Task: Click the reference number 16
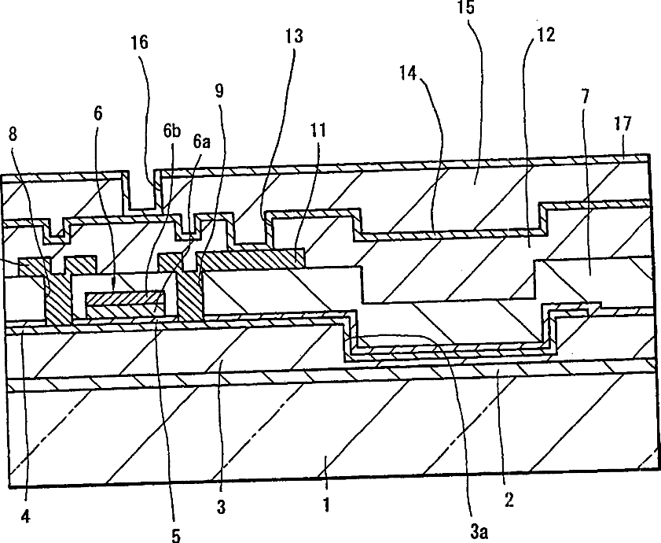pyautogui.click(x=138, y=42)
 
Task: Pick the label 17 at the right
pyautogui.click(x=622, y=124)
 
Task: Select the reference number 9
pyautogui.click(x=219, y=90)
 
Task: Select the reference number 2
pyautogui.click(x=510, y=500)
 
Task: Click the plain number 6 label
pyautogui.click(x=97, y=113)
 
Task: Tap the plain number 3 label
pyautogui.click(x=222, y=508)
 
